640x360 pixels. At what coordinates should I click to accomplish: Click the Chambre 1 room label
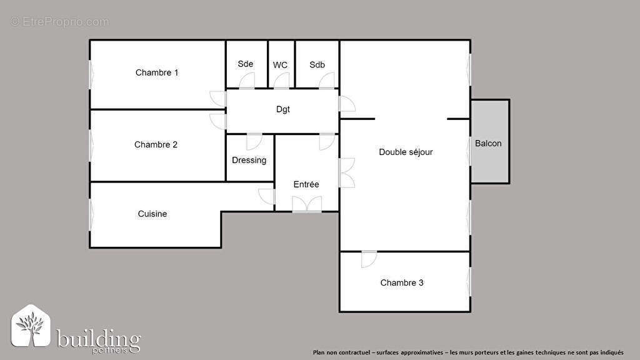pos(157,72)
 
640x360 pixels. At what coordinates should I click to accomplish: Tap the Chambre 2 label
pos(156,144)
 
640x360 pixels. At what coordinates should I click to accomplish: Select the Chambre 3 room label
pos(402,282)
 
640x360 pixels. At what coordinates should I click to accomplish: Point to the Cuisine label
pos(152,214)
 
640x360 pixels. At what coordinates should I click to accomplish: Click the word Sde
pos(246,64)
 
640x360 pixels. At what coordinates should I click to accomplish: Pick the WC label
pos(280,64)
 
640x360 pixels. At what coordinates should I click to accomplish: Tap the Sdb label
pos(317,64)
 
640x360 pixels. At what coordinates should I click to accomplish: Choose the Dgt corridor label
pos(283,109)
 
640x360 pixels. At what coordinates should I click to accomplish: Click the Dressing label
pos(249,160)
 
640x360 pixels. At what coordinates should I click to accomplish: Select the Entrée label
pos(306,184)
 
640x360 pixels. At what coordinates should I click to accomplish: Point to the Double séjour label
pos(406,152)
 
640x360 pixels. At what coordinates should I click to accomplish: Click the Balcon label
pos(488,143)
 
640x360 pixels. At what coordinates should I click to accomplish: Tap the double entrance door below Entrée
pos(307,204)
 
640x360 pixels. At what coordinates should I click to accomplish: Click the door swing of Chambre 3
pos(369,258)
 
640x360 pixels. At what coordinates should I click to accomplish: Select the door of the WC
pos(282,81)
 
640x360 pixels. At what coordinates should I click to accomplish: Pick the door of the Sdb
pos(327,81)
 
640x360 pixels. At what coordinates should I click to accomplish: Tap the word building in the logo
pos(99,339)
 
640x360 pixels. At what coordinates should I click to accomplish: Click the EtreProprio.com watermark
pos(59,22)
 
